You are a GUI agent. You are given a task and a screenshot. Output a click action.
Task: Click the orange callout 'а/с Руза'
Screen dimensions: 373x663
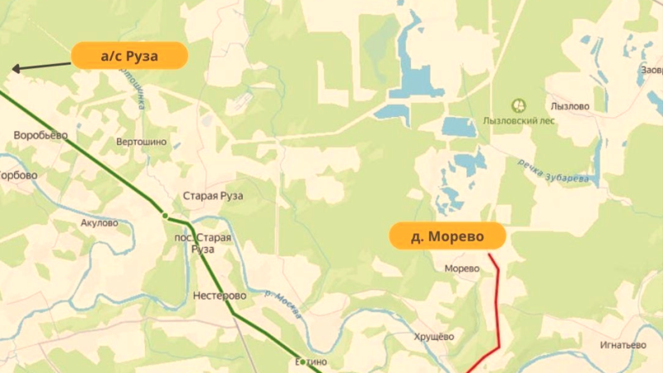click(129, 56)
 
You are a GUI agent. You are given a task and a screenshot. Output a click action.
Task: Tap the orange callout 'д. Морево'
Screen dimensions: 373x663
click(447, 236)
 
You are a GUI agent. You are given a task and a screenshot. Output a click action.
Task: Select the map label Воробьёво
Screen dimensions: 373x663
click(41, 135)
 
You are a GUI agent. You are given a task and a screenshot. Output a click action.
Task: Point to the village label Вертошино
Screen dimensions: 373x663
click(141, 143)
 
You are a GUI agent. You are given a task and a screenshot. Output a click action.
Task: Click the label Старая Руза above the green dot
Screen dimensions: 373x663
click(213, 196)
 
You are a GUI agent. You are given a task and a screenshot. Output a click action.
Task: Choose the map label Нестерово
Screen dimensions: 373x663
click(220, 296)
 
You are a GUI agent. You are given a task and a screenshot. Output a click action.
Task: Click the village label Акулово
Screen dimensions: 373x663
click(100, 223)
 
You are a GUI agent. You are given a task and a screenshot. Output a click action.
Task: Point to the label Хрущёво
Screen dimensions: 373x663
click(434, 337)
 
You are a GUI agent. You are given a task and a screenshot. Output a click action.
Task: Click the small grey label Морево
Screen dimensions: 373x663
click(462, 269)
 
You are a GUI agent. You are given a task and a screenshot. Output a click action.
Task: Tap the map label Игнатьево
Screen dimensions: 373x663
click(622, 345)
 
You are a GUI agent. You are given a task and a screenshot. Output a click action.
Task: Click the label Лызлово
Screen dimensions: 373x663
click(569, 106)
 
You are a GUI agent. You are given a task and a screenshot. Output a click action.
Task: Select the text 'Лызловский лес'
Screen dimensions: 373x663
click(520, 120)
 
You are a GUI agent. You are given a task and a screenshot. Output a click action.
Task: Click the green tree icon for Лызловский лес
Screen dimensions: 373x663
click(520, 104)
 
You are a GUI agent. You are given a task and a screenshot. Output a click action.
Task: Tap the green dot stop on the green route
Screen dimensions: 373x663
click(166, 216)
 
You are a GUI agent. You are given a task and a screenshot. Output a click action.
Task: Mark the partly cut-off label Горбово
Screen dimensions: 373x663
click(18, 176)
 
